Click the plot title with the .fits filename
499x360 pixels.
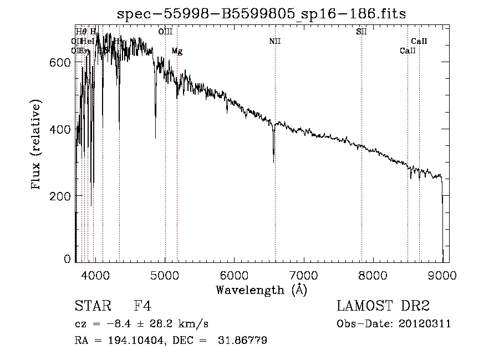[x=262, y=14]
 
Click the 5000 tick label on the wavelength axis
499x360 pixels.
[x=165, y=274]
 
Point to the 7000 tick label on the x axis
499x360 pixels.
[x=304, y=274]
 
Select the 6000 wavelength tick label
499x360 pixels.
[x=235, y=274]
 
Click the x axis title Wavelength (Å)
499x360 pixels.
[x=261, y=289]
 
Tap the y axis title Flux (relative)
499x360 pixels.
[x=37, y=145]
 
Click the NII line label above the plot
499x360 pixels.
[x=275, y=42]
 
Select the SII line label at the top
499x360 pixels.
[x=361, y=32]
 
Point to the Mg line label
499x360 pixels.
[x=177, y=51]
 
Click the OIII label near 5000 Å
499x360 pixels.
[x=165, y=32]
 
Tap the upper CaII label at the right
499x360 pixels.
[x=419, y=42]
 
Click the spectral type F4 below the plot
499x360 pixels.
[x=142, y=306]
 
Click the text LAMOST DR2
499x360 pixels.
[x=383, y=306]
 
